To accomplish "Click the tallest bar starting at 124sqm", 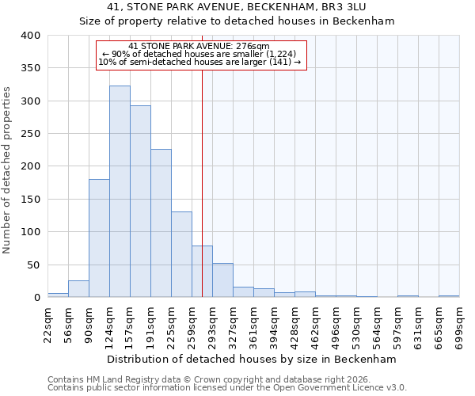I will [120, 192].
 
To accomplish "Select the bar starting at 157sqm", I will [140, 202].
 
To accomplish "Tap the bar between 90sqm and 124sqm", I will [99, 238].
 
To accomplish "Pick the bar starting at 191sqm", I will [161, 223].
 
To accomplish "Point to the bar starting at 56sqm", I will [78, 289].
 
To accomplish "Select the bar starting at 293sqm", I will [222, 280].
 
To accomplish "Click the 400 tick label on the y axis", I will [31, 36].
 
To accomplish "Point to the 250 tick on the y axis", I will [31, 134].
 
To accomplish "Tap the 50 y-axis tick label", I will [34, 265].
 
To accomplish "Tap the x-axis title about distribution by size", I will [250, 359].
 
